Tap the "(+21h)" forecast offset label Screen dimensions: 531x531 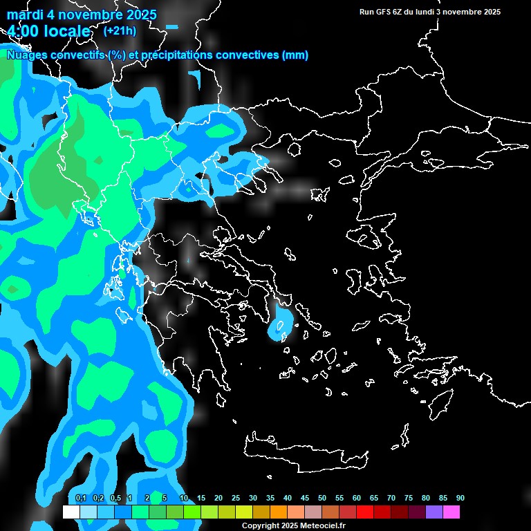pyautogui.click(x=120, y=30)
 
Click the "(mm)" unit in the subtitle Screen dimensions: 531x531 pyautogui.click(x=295, y=55)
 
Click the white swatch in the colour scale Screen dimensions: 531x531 pyautogui.click(x=71, y=512)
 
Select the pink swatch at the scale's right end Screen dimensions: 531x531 pyautogui.click(x=451, y=512)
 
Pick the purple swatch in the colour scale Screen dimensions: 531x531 pyautogui.click(x=434, y=512)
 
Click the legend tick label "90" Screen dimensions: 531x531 pyautogui.click(x=460, y=499)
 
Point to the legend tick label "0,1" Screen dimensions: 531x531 pyautogui.click(x=80, y=499)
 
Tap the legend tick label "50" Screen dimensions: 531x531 pyautogui.click(x=322, y=499)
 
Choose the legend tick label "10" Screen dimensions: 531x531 pyautogui.click(x=184, y=499)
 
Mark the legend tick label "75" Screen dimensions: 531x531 pyautogui.click(x=409, y=499)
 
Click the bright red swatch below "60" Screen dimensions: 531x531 pyautogui.click(x=365, y=512)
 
